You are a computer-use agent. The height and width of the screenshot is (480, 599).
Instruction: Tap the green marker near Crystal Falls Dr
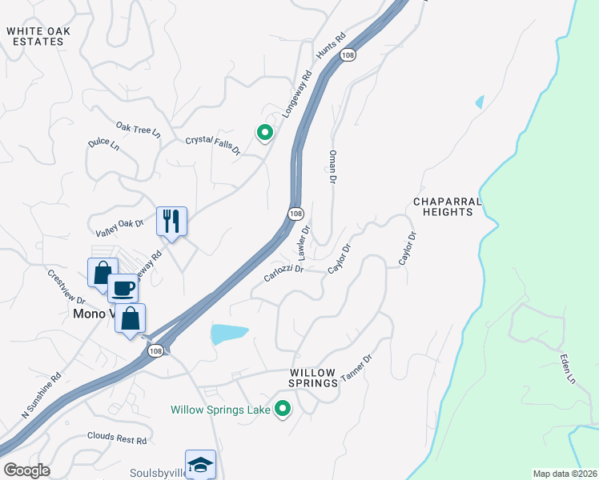click(263, 133)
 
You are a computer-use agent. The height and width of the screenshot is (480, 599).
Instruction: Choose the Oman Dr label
click(331, 166)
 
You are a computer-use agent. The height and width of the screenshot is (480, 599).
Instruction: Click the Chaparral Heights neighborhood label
click(443, 206)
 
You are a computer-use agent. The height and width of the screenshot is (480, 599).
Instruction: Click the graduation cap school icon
click(200, 464)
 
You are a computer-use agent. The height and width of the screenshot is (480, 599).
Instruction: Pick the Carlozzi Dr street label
click(283, 274)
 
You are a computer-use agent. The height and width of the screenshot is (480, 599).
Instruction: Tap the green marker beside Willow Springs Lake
click(282, 409)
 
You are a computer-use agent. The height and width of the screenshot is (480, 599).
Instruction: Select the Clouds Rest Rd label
click(117, 440)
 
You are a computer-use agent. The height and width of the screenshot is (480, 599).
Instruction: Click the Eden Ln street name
click(568, 369)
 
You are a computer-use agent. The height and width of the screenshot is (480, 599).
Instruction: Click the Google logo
click(26, 470)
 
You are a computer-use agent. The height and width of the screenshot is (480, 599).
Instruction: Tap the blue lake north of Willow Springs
click(228, 334)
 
